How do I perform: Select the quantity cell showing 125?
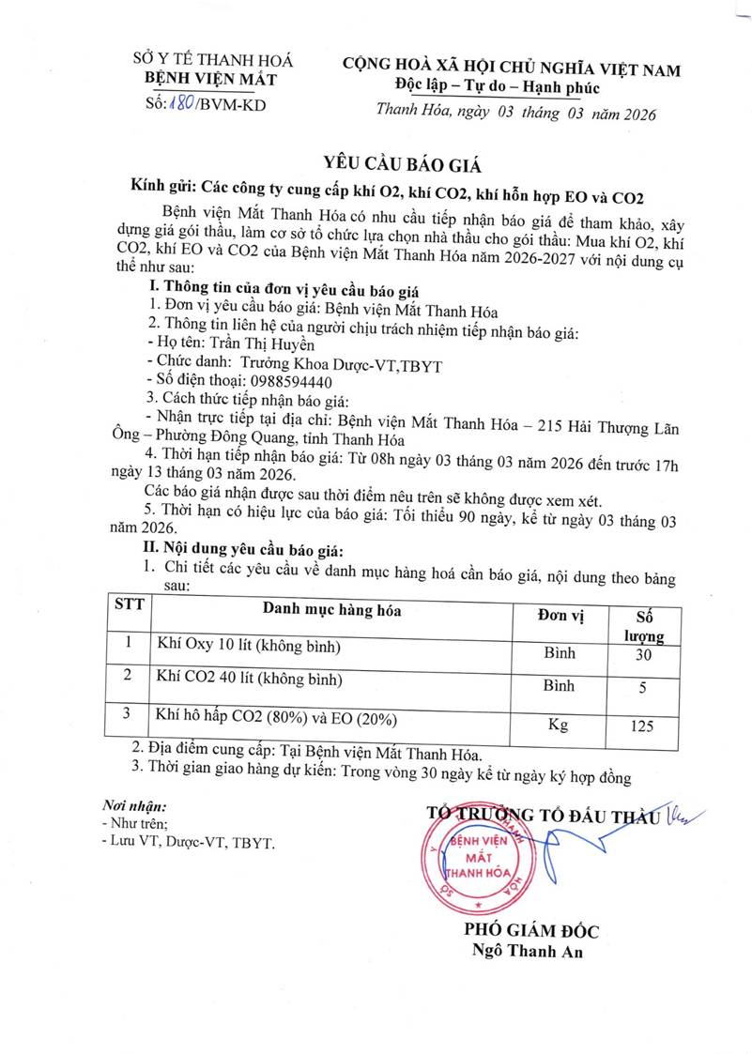click(643, 726)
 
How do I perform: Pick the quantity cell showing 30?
click(643, 654)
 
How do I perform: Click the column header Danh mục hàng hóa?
click(331, 611)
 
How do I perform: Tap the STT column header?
click(129, 603)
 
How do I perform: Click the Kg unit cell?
click(559, 725)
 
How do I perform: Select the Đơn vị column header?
click(560, 615)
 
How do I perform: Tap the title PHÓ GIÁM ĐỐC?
click(531, 930)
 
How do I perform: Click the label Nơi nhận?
click(134, 806)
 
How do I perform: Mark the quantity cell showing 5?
click(643, 687)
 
